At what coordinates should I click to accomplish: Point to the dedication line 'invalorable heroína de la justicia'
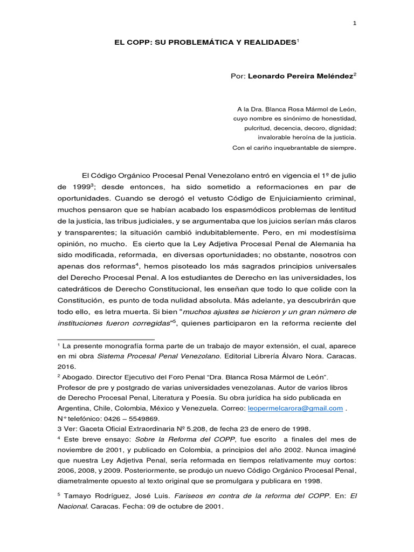(307, 137)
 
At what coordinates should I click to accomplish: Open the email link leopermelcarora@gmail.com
(295, 408)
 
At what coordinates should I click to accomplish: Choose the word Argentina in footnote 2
(74, 408)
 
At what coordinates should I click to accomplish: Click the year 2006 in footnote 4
(68, 471)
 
